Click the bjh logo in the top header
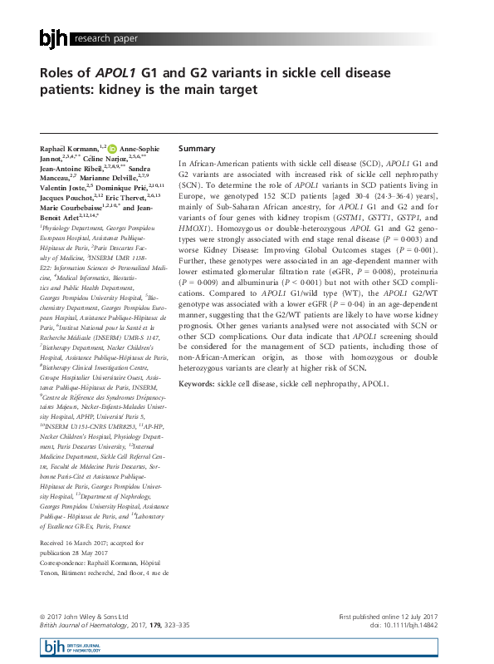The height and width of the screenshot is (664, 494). (x=55, y=38)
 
